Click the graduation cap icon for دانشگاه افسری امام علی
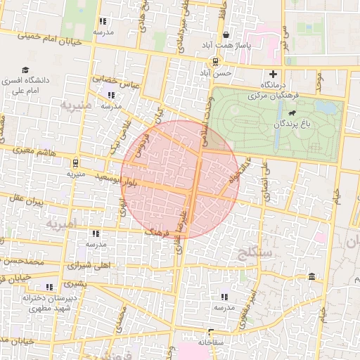[x=26, y=70]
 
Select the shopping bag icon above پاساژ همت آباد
[x=226, y=34]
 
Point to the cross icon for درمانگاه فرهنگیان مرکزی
[x=274, y=74]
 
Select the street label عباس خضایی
[x=122, y=83]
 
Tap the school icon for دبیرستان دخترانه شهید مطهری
[x=49, y=287]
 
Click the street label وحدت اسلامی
[x=209, y=116]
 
